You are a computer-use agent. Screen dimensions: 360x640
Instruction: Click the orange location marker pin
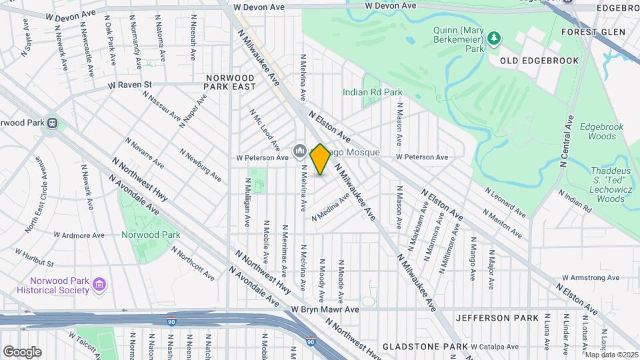320,159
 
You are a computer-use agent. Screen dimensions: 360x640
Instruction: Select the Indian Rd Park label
373,92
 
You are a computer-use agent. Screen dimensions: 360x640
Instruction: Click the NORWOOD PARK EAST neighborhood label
231,82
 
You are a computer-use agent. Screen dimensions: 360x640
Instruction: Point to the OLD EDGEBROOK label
531,60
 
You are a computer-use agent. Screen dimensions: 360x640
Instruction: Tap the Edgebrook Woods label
607,131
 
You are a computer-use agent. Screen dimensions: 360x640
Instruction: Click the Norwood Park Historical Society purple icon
99,285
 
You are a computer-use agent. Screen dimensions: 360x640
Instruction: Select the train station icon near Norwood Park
51,123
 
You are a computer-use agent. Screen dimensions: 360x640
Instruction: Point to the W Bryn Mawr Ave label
325,309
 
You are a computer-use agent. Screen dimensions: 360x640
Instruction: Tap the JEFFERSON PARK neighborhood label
497,318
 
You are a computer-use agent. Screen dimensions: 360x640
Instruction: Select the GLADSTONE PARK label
425,347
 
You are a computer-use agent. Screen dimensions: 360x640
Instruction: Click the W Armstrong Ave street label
592,277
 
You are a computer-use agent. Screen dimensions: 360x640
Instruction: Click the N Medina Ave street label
331,207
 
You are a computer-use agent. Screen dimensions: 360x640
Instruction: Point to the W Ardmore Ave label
79,235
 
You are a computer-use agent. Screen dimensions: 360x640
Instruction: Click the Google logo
22,351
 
